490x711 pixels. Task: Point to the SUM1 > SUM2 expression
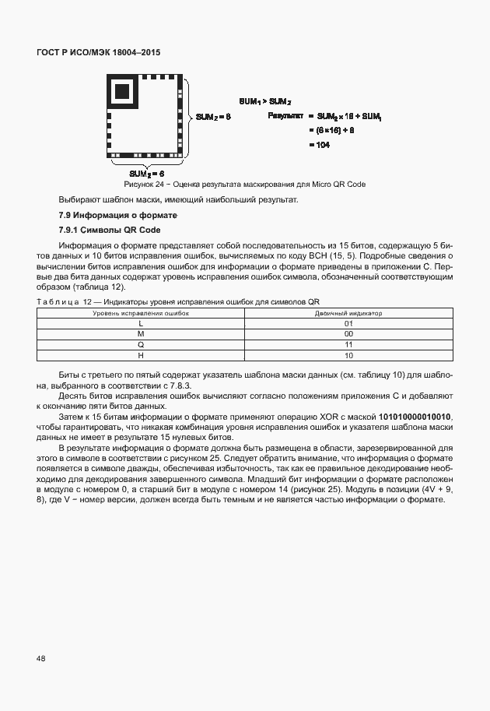[x=264, y=102]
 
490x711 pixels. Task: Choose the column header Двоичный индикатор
[x=348, y=312]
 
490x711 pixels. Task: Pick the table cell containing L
[x=141, y=322]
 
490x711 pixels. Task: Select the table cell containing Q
[x=141, y=344]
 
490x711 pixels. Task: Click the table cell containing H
[x=141, y=355]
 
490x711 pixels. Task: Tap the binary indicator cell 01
[x=348, y=322]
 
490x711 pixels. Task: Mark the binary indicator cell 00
[x=348, y=333]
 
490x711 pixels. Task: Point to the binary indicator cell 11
[x=348, y=344]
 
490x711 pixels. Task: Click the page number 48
[x=41, y=658]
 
